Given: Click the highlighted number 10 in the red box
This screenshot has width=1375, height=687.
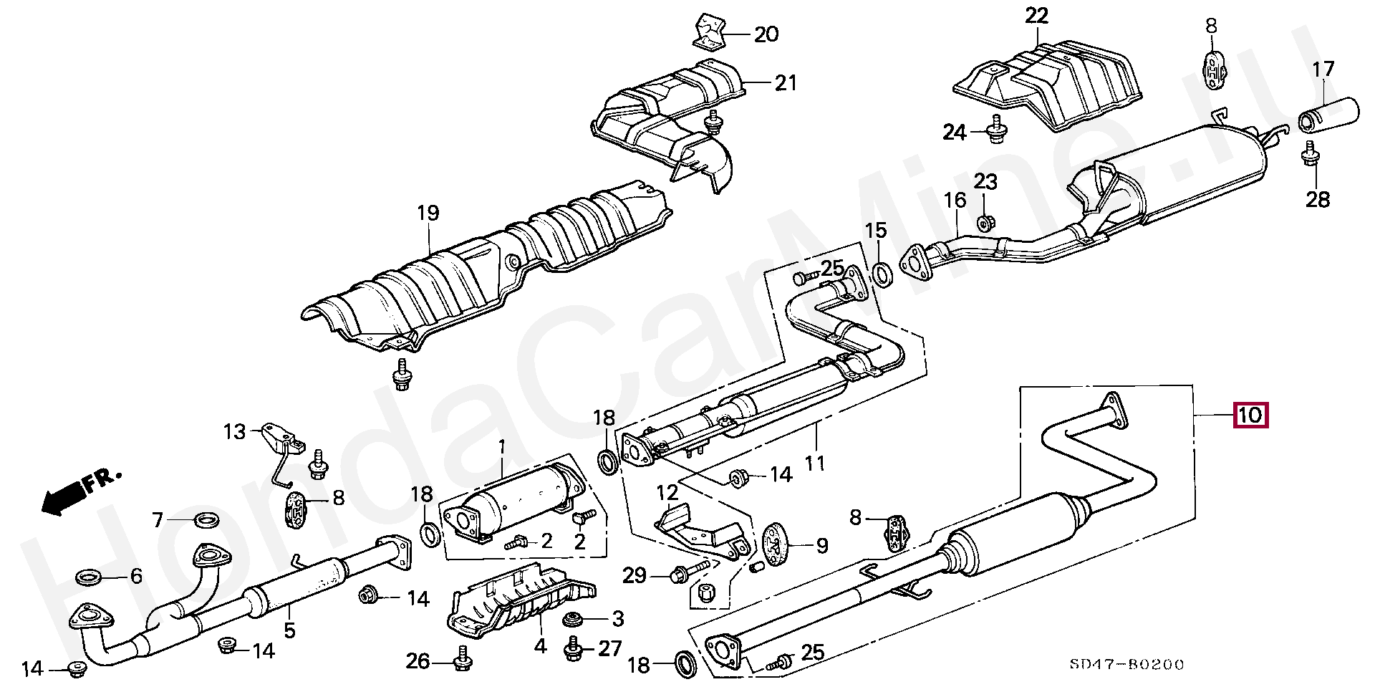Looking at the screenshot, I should point(1250,415).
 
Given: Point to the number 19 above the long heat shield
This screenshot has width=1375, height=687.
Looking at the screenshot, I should point(428,213).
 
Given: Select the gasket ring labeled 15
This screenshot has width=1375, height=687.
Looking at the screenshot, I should point(883,274).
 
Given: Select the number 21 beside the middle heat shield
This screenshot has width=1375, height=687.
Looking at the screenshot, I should point(785,83).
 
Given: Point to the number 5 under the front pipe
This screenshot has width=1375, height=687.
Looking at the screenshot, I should point(289,630).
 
